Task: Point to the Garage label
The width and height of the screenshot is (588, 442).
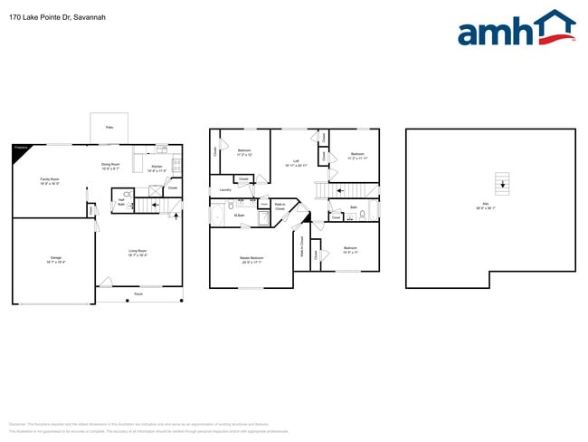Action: click(55, 261)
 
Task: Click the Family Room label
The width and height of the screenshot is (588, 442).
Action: click(49, 181)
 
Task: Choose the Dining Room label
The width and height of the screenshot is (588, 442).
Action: click(110, 167)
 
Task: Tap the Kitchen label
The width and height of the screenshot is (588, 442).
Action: click(156, 168)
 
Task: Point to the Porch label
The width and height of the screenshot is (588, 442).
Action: click(138, 294)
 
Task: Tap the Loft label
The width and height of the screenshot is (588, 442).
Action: click(298, 163)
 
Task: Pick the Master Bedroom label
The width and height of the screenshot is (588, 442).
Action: click(251, 260)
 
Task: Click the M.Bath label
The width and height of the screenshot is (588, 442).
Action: click(240, 216)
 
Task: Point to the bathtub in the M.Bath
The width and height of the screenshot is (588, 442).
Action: click(218, 216)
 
